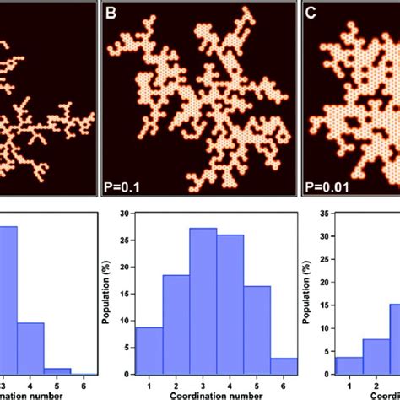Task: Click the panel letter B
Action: pyautogui.click(x=109, y=12)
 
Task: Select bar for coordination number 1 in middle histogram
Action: pyautogui.click(x=149, y=350)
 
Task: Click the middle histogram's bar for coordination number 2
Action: pyautogui.click(x=176, y=324)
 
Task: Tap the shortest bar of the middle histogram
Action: pyautogui.click(x=284, y=365)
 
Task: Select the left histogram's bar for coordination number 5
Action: pyautogui.click(x=56, y=370)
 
